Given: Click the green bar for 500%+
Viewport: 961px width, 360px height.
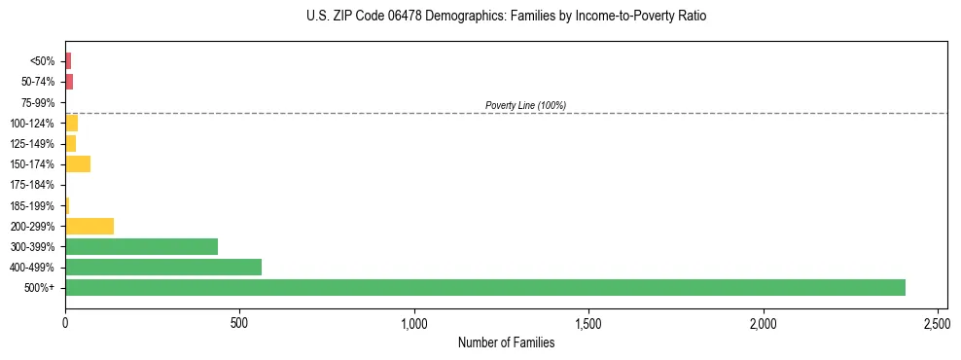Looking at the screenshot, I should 484,287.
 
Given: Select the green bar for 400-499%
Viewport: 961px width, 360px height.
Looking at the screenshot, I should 162,267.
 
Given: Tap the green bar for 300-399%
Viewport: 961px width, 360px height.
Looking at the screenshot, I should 141,246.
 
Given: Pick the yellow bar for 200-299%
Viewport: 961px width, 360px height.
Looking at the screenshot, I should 89,226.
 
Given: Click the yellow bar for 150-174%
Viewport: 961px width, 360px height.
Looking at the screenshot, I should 78,163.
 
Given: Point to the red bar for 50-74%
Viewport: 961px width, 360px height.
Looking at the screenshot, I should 69,82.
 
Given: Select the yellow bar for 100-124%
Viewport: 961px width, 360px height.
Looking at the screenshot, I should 71,123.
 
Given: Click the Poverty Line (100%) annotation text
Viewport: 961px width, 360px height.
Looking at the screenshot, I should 525,105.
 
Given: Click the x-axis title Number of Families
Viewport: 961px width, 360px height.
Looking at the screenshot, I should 506,342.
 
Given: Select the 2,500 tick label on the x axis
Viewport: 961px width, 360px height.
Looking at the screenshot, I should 938,321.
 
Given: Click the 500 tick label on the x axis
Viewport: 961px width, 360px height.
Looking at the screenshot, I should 239,321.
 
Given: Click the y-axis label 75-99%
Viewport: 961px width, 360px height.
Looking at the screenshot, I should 40,102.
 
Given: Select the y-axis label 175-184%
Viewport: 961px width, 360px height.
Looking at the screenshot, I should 35,185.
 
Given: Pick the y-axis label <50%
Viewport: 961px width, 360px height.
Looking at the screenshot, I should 43,61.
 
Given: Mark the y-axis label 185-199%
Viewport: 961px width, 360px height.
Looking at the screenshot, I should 35,205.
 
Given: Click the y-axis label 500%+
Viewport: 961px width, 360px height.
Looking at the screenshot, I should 40,288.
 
